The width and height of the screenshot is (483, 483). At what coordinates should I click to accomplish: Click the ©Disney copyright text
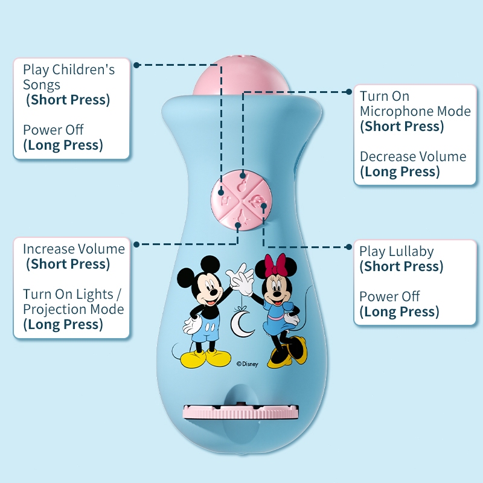click(247, 364)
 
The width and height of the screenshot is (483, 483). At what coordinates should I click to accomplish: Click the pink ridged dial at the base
click(241, 413)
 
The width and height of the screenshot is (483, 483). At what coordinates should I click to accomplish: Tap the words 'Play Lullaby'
click(397, 251)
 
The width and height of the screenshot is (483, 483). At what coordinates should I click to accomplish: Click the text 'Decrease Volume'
click(413, 156)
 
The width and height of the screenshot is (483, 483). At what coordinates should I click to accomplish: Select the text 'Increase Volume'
click(74, 249)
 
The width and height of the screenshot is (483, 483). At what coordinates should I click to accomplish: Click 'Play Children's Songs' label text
click(68, 77)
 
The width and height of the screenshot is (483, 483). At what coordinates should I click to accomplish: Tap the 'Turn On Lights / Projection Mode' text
click(73, 301)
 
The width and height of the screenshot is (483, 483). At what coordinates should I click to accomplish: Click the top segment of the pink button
click(242, 182)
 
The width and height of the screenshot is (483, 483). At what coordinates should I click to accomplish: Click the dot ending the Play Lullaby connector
click(349, 246)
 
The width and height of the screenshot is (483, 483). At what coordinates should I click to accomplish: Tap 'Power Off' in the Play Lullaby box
click(389, 296)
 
